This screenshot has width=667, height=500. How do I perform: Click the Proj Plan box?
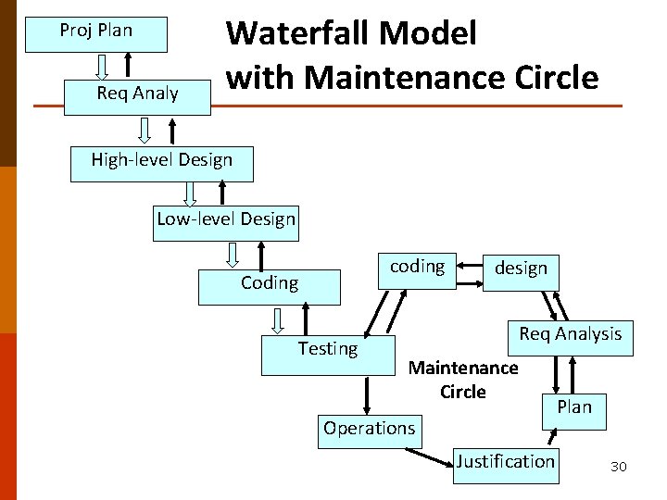click(x=97, y=33)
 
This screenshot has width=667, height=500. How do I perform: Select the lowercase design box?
click(x=521, y=271)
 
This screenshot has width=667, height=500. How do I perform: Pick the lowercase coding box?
click(x=417, y=269)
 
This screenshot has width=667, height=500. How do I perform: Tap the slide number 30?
click(x=618, y=467)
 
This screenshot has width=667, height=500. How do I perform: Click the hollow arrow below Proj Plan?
click(x=102, y=66)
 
